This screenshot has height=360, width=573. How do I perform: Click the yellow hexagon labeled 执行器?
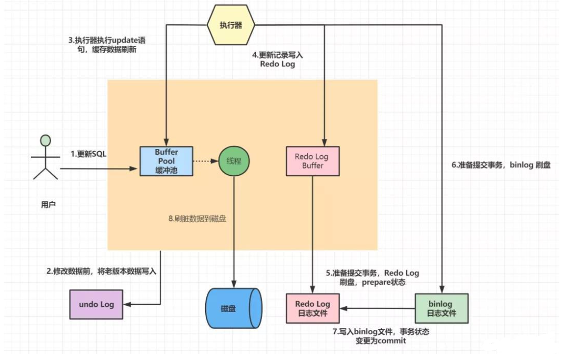click(x=231, y=25)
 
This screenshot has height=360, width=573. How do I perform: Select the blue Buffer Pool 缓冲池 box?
click(x=166, y=161)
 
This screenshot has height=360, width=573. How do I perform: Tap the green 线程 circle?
click(x=233, y=161)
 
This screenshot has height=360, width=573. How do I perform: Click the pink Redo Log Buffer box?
click(x=312, y=161)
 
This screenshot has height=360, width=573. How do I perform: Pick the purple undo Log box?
click(x=96, y=304)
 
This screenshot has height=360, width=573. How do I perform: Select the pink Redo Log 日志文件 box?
click(x=312, y=308)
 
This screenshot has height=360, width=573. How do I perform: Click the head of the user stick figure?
click(x=46, y=141)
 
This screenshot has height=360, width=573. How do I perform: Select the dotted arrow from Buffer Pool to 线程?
click(x=205, y=161)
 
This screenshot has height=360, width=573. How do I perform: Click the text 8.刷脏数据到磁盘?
click(x=200, y=218)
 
